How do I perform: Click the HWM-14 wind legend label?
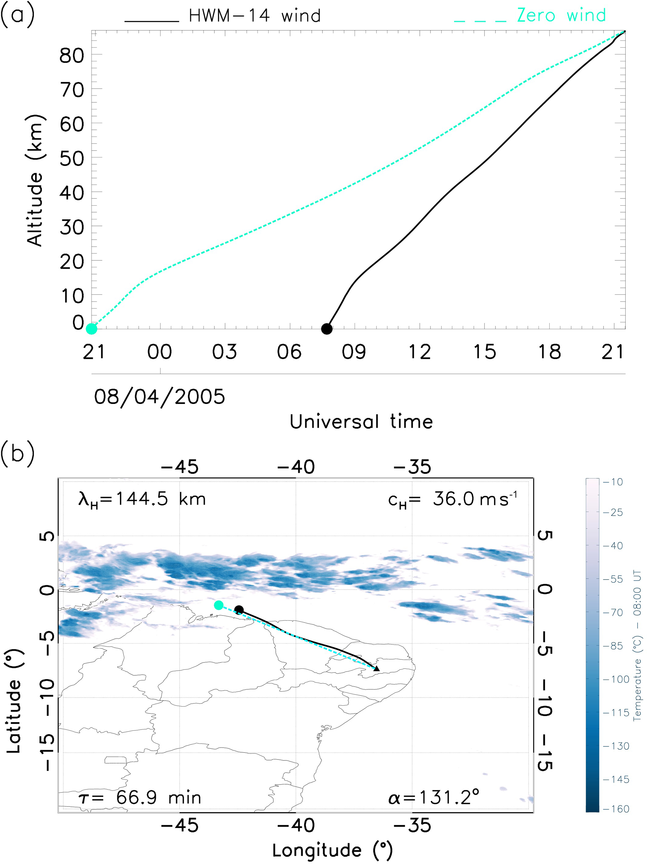coord(254,16)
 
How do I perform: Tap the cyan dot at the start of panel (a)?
coord(91,329)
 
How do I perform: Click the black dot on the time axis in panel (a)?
coord(326,329)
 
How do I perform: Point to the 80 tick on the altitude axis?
coord(72,56)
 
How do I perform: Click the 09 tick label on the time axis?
coord(354,352)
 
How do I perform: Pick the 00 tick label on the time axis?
coord(159,352)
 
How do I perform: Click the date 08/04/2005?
coord(159,397)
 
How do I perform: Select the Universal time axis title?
coord(361,422)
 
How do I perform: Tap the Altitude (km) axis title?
coord(35,181)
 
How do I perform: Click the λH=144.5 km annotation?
coord(142,499)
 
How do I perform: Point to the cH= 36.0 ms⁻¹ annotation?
coord(452,499)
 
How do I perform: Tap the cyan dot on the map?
coord(218,605)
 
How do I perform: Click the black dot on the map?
coord(239,610)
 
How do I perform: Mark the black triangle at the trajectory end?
coord(377,669)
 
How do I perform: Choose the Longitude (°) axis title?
coord(332,850)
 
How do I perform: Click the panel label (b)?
coord(18,453)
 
